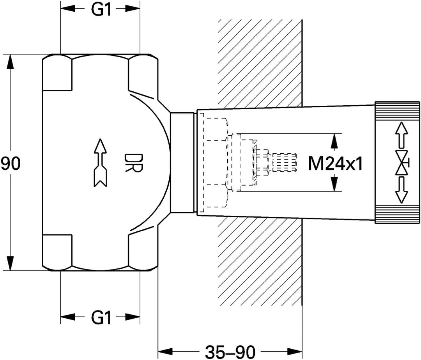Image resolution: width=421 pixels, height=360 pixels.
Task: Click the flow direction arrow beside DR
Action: pyautogui.click(x=101, y=163)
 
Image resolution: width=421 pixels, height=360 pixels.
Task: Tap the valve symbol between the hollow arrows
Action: pyautogui.click(x=402, y=163)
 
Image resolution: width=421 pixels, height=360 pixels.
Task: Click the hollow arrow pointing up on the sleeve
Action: pyautogui.click(x=402, y=135)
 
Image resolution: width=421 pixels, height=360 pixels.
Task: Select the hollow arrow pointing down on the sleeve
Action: pyautogui.click(x=402, y=190)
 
